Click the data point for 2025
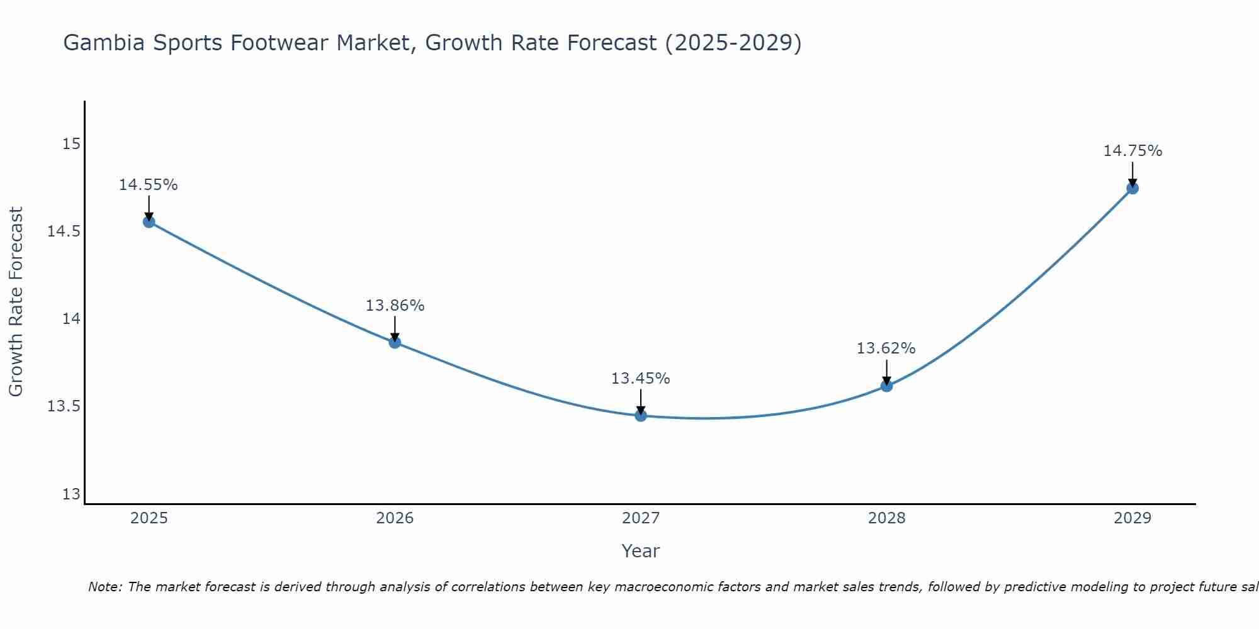tap(149, 221)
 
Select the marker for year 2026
tap(395, 342)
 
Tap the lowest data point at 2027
tap(641, 415)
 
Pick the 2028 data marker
tap(886, 386)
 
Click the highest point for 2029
tap(1132, 187)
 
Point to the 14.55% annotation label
tap(149, 185)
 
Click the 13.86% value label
tap(395, 306)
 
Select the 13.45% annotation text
tap(641, 379)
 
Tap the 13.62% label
tap(886, 348)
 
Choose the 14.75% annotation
tap(1132, 151)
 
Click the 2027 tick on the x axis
tap(641, 518)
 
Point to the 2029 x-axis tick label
tap(1132, 518)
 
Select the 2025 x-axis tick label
tap(149, 518)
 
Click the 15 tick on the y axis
tap(72, 144)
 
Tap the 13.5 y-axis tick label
tap(64, 406)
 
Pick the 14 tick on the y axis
tap(72, 319)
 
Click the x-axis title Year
tap(641, 551)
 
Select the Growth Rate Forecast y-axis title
tap(16, 302)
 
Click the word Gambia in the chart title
tap(103, 43)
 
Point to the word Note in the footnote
tap(105, 587)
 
